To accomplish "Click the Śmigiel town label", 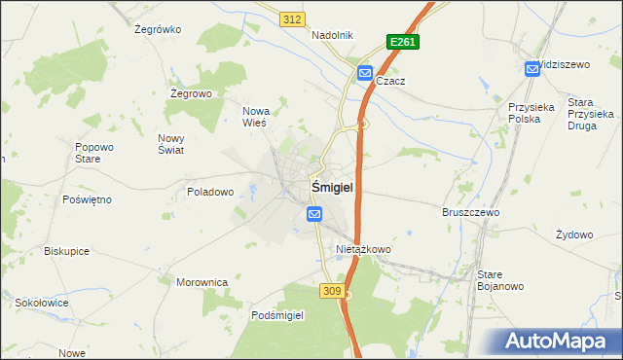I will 331,186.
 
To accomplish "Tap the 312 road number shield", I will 290,19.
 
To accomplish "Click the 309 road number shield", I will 330,291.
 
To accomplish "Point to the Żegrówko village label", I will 158,29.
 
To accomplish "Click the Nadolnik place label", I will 332,35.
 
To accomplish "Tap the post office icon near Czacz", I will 364,72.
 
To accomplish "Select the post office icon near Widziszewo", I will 532,68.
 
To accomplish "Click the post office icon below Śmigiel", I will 314,213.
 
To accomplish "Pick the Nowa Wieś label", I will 255,117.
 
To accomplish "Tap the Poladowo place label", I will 210,192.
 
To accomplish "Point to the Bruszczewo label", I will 470,212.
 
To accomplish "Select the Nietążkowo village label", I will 363,250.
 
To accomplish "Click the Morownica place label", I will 202,282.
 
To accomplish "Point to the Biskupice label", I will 66,250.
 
